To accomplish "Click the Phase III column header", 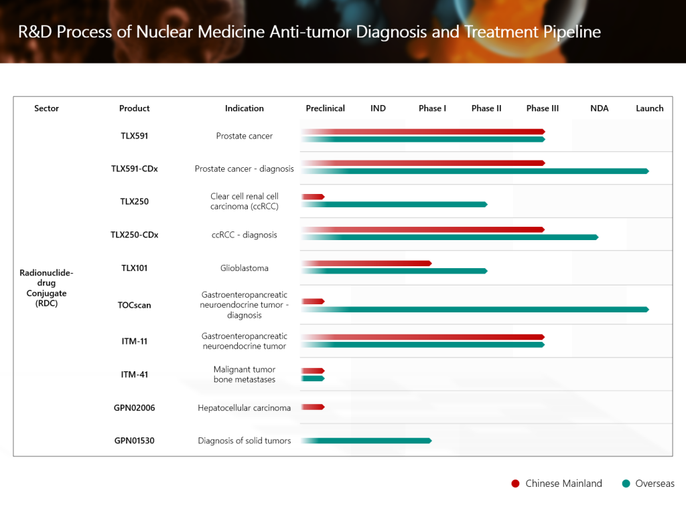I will (x=542, y=108).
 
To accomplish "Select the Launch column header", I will (x=649, y=108).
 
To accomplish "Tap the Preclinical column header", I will (x=325, y=108).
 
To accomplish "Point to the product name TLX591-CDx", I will (x=134, y=169).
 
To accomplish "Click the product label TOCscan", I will (x=134, y=305).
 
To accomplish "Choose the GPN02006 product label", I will (x=134, y=407).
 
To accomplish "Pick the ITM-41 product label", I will (x=134, y=375).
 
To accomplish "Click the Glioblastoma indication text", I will (x=245, y=268).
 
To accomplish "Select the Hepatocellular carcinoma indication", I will (x=245, y=407).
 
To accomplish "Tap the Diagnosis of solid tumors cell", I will (x=245, y=441).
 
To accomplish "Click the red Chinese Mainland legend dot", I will (x=515, y=484).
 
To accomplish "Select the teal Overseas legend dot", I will (x=626, y=484).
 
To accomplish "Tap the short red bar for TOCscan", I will (x=313, y=302).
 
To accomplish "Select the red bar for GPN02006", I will (x=313, y=407).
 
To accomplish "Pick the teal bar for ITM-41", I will (x=313, y=379).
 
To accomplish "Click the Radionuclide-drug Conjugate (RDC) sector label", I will (x=46, y=288).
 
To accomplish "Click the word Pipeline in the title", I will (x=573, y=31).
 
